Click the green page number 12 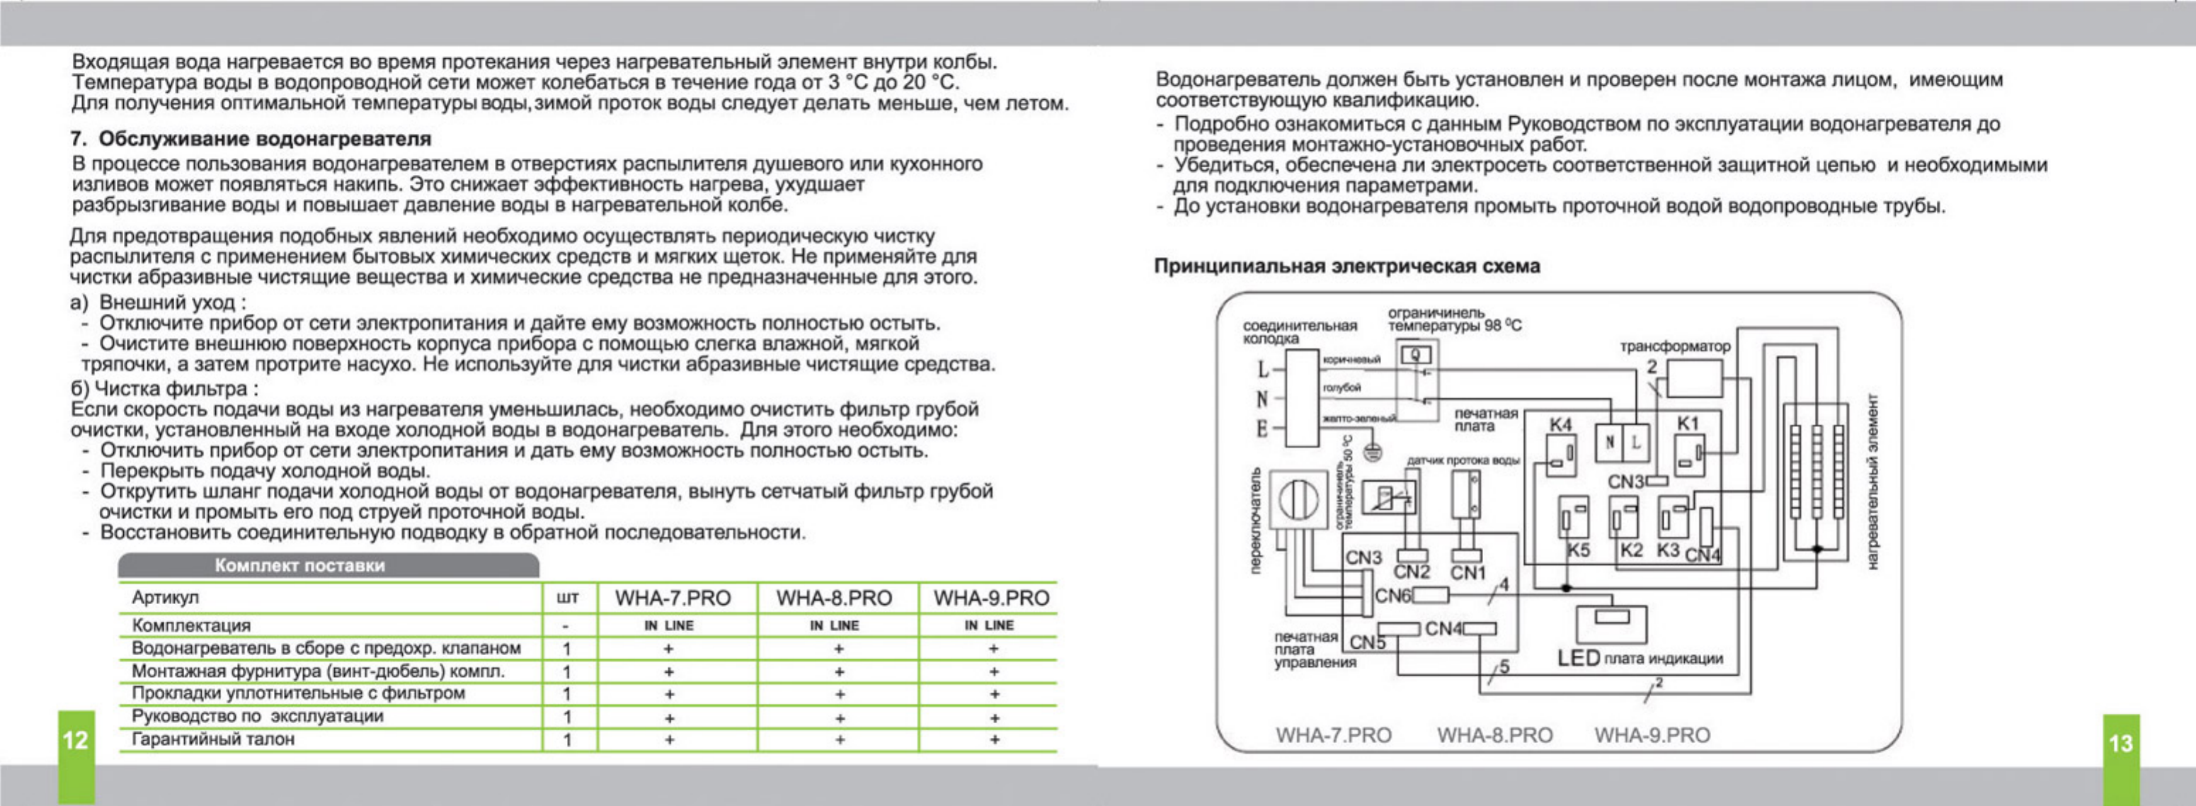point(75,739)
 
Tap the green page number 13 point(2120,743)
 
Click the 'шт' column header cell point(567,598)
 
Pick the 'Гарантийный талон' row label point(213,739)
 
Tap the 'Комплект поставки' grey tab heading point(299,565)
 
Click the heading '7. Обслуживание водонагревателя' point(251,138)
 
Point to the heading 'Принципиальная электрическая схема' point(1347,266)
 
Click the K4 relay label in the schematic point(1560,424)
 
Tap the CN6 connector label point(1393,596)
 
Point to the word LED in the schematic point(1578,659)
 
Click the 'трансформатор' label point(1675,346)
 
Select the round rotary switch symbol point(1298,499)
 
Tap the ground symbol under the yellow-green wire point(1373,451)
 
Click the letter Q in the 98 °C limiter point(1416,353)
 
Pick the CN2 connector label point(1411,572)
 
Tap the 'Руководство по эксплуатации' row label point(258,717)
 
